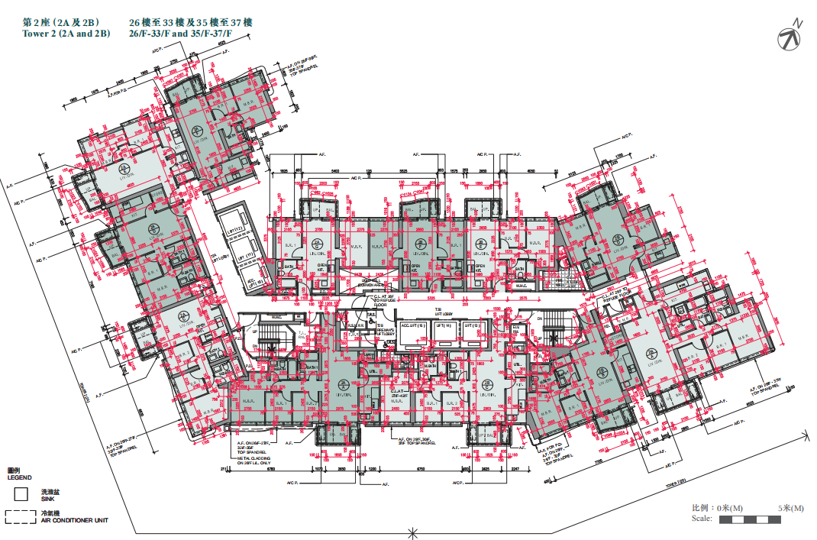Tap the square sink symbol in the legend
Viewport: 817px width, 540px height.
coord(22,495)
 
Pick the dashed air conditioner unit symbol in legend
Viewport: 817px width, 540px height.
coord(21,517)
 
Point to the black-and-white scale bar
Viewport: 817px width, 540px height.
coord(751,519)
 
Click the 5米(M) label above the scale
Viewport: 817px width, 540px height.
coord(790,508)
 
